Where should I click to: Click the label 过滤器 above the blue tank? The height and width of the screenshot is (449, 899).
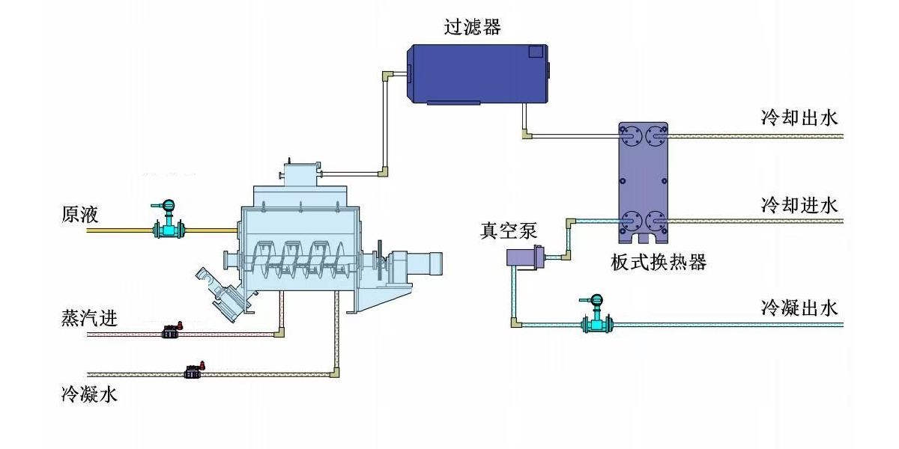pos(472,28)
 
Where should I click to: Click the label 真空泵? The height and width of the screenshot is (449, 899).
pos(509,230)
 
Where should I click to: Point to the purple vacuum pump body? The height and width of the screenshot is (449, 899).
pos(522,257)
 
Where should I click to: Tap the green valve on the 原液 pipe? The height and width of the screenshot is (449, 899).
pos(169,227)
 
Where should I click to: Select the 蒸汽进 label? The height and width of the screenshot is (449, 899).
pos(89,318)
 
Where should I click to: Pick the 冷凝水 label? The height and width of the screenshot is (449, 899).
pos(89,394)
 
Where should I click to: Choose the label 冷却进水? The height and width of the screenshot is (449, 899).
pos(799,204)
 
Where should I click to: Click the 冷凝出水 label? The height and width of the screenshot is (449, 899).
pos(799,307)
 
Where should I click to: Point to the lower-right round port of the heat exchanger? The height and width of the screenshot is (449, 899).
pos(656,222)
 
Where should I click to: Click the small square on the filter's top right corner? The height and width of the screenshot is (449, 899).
pos(535,52)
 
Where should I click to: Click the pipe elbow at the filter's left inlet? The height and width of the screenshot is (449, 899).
pos(387,76)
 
